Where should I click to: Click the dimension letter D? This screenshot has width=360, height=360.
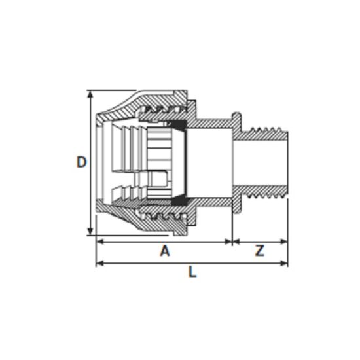point(82,162)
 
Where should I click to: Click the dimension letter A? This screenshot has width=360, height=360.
point(165,251)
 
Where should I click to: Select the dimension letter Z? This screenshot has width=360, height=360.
point(260,251)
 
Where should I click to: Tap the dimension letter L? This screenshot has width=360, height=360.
point(192,272)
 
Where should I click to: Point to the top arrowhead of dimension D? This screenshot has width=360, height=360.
point(90,94)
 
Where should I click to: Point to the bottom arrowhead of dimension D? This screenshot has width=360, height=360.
point(90,232)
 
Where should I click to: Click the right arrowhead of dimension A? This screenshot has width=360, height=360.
point(228,242)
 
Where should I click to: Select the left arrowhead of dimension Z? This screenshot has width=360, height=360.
point(236,242)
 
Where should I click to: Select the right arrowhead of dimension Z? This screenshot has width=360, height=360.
point(284,242)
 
